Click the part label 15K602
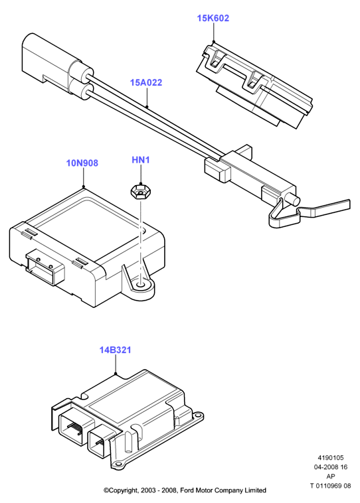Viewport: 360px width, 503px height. pyautogui.click(x=213, y=19)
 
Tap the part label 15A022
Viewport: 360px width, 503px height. pyautogui.click(x=146, y=82)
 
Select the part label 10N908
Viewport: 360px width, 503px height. pyautogui.click(x=82, y=163)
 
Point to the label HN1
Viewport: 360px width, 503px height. pyautogui.click(x=141, y=160)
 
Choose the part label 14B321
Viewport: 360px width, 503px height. pyautogui.click(x=116, y=350)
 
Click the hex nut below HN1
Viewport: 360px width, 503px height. pyautogui.click(x=138, y=192)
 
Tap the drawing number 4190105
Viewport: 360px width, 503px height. pyautogui.click(x=331, y=458)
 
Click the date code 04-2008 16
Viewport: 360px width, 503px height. pyautogui.click(x=331, y=467)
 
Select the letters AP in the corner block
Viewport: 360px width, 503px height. pyautogui.click(x=331, y=476)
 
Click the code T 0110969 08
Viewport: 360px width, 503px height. pyautogui.click(x=331, y=486)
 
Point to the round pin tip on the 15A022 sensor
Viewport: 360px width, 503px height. pyautogui.click(x=295, y=200)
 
